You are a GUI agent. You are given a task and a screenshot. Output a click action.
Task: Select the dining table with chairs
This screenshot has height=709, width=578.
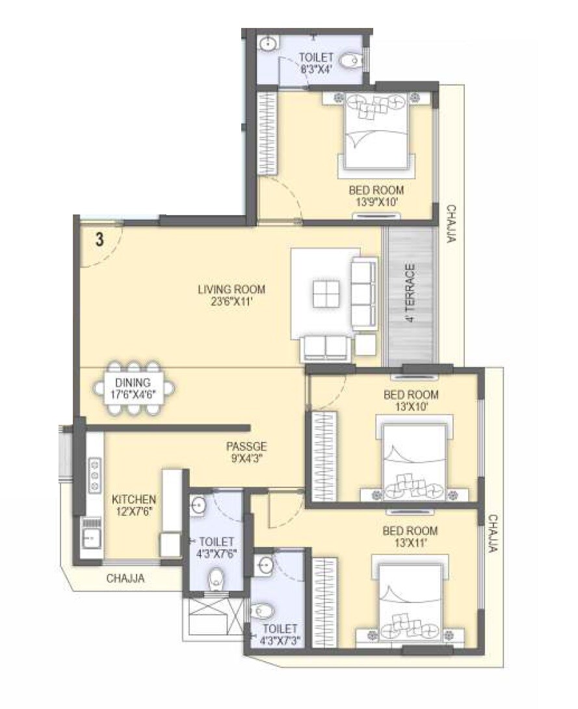[134, 388]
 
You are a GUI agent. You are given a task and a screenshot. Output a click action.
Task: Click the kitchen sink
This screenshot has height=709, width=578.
[92, 537]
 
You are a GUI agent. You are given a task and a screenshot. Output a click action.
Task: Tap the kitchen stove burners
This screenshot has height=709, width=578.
[95, 474]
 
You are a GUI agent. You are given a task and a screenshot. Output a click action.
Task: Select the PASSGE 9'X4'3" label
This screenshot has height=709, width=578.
[246, 452]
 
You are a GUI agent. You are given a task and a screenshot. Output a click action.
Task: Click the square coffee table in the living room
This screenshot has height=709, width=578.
[326, 293]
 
